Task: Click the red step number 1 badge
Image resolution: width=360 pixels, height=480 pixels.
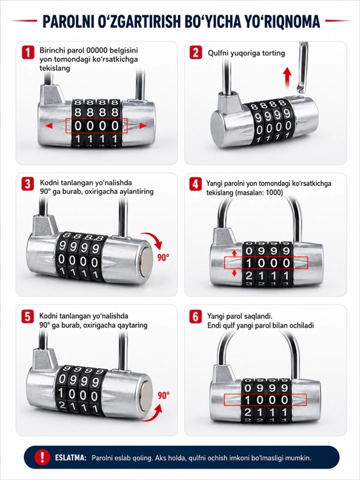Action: [28, 53]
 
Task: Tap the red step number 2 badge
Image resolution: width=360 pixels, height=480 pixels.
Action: [195, 53]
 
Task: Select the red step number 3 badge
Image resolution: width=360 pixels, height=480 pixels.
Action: [28, 184]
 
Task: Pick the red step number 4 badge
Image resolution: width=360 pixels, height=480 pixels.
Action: [195, 184]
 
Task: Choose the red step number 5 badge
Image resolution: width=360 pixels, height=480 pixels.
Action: [28, 317]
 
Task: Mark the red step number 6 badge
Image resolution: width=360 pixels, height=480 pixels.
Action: [195, 317]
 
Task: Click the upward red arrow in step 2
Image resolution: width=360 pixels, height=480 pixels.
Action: [287, 77]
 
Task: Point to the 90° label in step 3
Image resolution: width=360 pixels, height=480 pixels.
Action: [163, 258]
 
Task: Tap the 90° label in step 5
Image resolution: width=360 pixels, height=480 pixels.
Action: [163, 395]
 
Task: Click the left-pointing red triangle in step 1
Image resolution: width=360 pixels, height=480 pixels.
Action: [49, 125]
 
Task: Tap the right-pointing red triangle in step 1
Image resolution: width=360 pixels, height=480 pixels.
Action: [143, 125]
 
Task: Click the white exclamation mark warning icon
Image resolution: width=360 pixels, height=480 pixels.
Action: [42, 457]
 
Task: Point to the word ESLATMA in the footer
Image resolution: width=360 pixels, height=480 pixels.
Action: [71, 458]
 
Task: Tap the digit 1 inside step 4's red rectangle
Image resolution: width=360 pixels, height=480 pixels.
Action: [249, 263]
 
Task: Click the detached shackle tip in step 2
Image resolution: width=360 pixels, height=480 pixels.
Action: [301, 89]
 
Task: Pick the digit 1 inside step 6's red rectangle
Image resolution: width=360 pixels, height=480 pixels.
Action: [248, 400]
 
